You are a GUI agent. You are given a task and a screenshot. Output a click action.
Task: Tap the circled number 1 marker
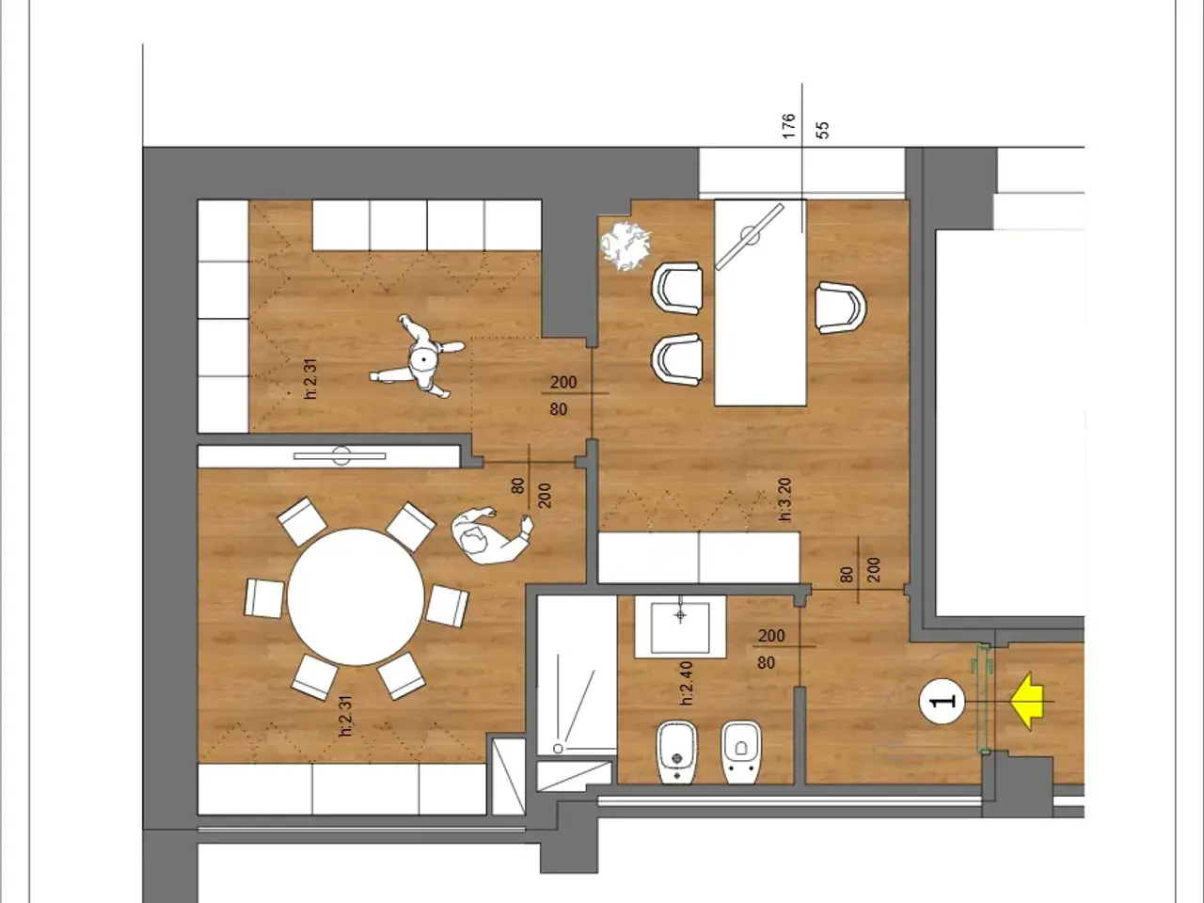click(942, 702)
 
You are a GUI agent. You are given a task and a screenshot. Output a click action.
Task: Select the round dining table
click(356, 597)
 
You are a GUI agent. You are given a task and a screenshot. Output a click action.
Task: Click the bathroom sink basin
click(680, 627)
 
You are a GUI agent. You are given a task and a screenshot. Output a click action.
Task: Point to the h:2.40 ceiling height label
click(687, 684)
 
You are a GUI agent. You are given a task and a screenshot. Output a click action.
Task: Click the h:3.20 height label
click(784, 499)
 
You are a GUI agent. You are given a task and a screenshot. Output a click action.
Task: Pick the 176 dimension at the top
click(788, 125)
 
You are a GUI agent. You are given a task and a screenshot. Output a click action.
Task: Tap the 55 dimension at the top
click(823, 130)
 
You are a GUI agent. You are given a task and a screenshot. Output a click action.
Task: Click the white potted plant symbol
click(626, 246)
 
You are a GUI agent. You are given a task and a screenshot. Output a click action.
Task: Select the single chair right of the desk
click(840, 308)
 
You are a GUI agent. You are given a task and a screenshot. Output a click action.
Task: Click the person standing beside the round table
click(490, 535)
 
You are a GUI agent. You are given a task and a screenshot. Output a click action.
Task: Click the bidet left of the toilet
click(677, 752)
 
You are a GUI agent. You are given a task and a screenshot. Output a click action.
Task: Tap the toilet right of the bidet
click(741, 752)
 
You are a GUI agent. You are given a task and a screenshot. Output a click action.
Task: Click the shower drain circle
click(558, 749)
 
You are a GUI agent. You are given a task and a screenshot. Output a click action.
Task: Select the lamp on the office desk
click(750, 237)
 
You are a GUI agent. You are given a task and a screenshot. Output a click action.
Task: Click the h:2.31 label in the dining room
click(345, 716)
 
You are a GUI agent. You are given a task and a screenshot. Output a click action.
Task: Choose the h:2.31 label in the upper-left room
click(310, 378)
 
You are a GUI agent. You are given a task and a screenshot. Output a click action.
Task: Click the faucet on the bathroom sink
click(680, 614)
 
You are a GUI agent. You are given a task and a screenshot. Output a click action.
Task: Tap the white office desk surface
click(760, 303)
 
